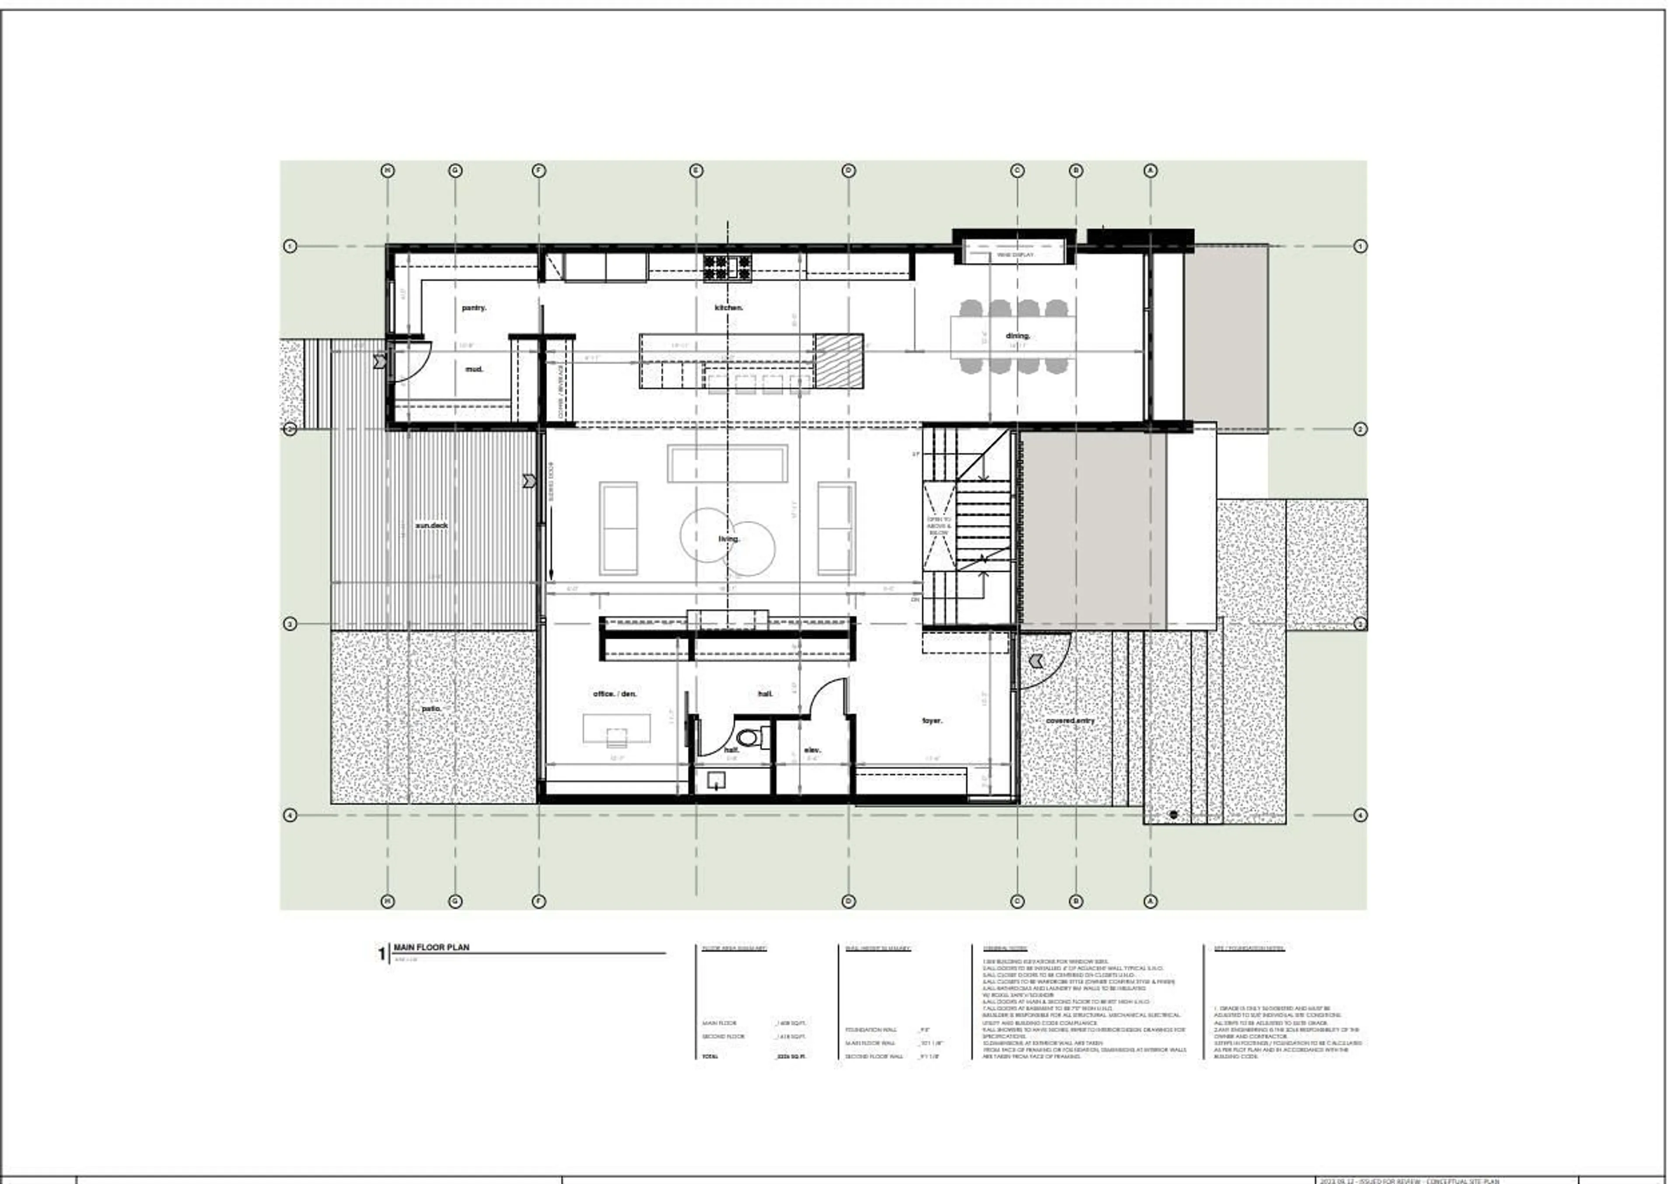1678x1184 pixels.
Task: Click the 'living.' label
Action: (728, 539)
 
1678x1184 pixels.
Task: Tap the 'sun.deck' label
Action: (431, 525)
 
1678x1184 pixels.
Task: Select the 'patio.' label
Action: (431, 709)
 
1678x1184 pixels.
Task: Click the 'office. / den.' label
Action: (615, 694)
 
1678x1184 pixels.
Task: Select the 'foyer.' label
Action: (932, 721)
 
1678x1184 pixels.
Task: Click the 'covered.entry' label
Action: (1070, 721)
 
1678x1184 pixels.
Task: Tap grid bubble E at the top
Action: (696, 171)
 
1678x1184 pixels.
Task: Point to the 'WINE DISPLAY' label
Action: (1015, 255)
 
